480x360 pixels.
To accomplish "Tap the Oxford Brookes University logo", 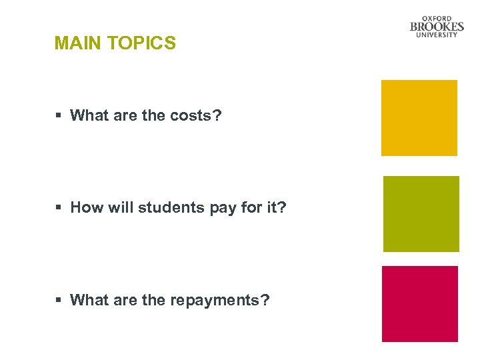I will (x=437, y=27).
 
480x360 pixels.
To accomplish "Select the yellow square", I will (x=419, y=118).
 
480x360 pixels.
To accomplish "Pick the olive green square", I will (x=421, y=214).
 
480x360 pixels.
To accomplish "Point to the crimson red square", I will (x=420, y=304).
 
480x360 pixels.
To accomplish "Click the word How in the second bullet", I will (x=86, y=207).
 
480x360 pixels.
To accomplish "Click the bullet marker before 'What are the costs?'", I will (x=59, y=116).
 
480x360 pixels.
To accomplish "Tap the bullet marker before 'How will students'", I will (x=59, y=208).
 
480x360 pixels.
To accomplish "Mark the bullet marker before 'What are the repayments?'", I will (x=59, y=301).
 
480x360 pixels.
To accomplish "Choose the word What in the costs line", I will (x=89, y=115).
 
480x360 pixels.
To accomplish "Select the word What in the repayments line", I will (x=89, y=300).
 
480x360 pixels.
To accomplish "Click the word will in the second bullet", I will (x=120, y=207).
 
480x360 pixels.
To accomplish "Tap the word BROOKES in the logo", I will (x=437, y=27).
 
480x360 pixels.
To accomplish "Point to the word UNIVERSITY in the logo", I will (x=437, y=35).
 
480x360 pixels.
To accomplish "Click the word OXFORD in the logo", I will (x=437, y=18).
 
